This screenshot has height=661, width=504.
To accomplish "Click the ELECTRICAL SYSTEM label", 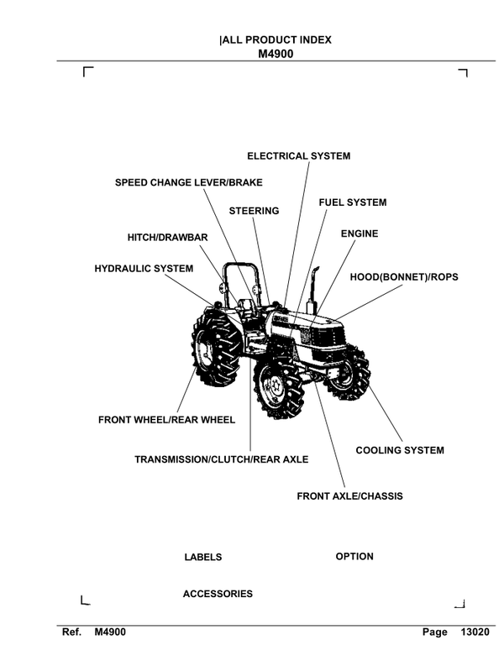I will point(298,156).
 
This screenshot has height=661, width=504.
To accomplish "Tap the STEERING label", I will point(254,211).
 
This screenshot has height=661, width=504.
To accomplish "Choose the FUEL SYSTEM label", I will point(352,203).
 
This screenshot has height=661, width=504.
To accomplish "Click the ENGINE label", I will point(359,233).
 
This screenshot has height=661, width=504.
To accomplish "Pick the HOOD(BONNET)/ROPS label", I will point(403,275).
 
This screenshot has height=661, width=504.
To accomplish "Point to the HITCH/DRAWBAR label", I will point(167,238).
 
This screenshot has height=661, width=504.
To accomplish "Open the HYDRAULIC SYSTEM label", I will point(144,269).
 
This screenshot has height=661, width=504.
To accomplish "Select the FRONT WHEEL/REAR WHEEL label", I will point(166,420).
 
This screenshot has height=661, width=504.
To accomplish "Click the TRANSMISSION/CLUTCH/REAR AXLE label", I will point(222,459).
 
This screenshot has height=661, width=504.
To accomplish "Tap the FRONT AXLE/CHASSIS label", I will point(349,496).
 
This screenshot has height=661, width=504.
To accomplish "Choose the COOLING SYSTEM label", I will point(400,451).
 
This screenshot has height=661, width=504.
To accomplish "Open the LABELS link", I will point(202,557).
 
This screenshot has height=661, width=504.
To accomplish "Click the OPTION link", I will point(354,557).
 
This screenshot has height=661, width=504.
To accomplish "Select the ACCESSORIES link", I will point(218,594).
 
